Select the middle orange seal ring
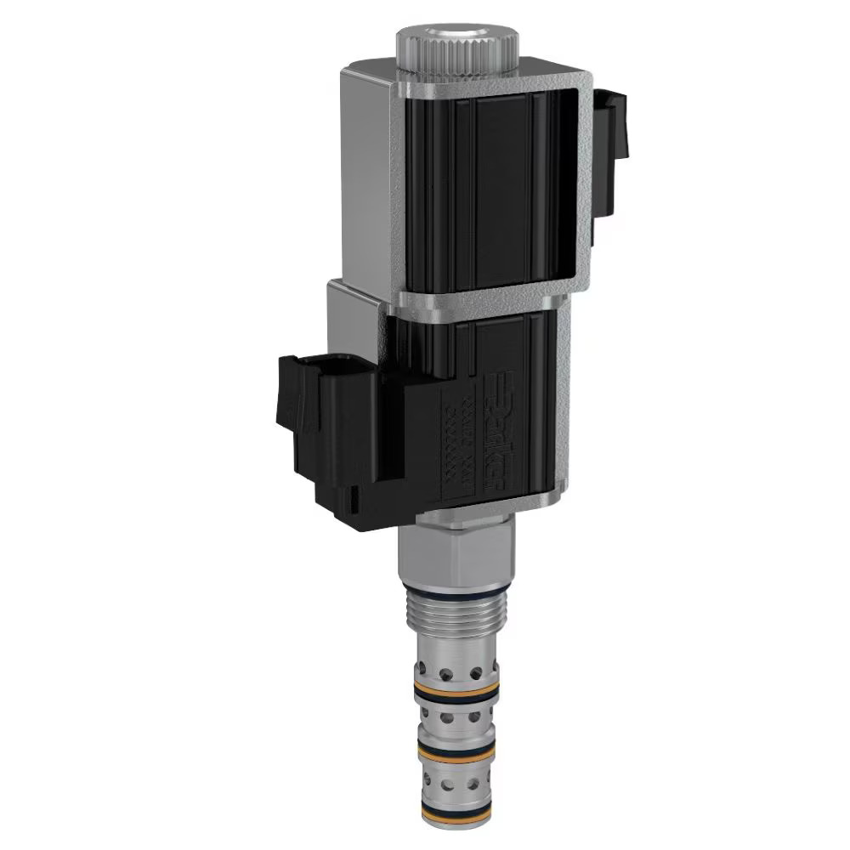pyautogui.click(x=456, y=748)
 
